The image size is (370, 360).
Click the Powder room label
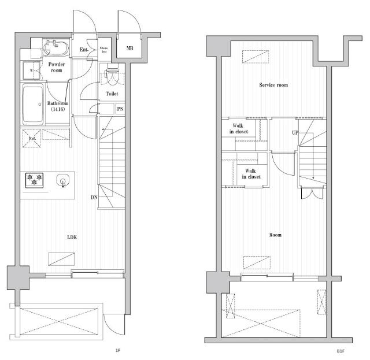click(56, 67)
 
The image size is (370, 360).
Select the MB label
click(130, 48)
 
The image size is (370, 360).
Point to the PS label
click(120, 108)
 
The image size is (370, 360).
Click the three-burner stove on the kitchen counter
click(35, 180)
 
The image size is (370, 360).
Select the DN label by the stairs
click(94, 197)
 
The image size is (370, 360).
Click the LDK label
click(72, 237)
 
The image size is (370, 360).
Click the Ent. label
click(84, 49)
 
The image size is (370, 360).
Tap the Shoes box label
click(104, 50)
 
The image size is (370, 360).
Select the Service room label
click(273, 85)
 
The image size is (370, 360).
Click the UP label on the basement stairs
click(295, 132)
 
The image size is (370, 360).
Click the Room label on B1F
click(276, 235)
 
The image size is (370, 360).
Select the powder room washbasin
click(53, 45)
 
